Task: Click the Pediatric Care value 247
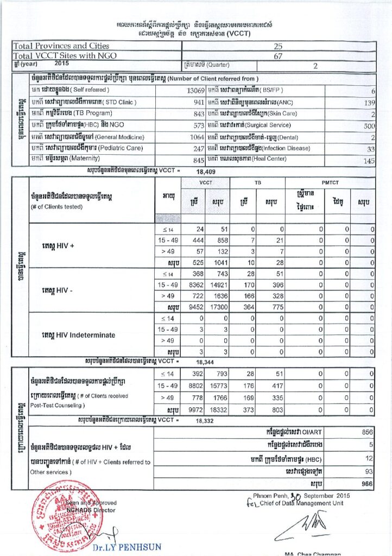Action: point(198,148)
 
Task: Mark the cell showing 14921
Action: point(217,285)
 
